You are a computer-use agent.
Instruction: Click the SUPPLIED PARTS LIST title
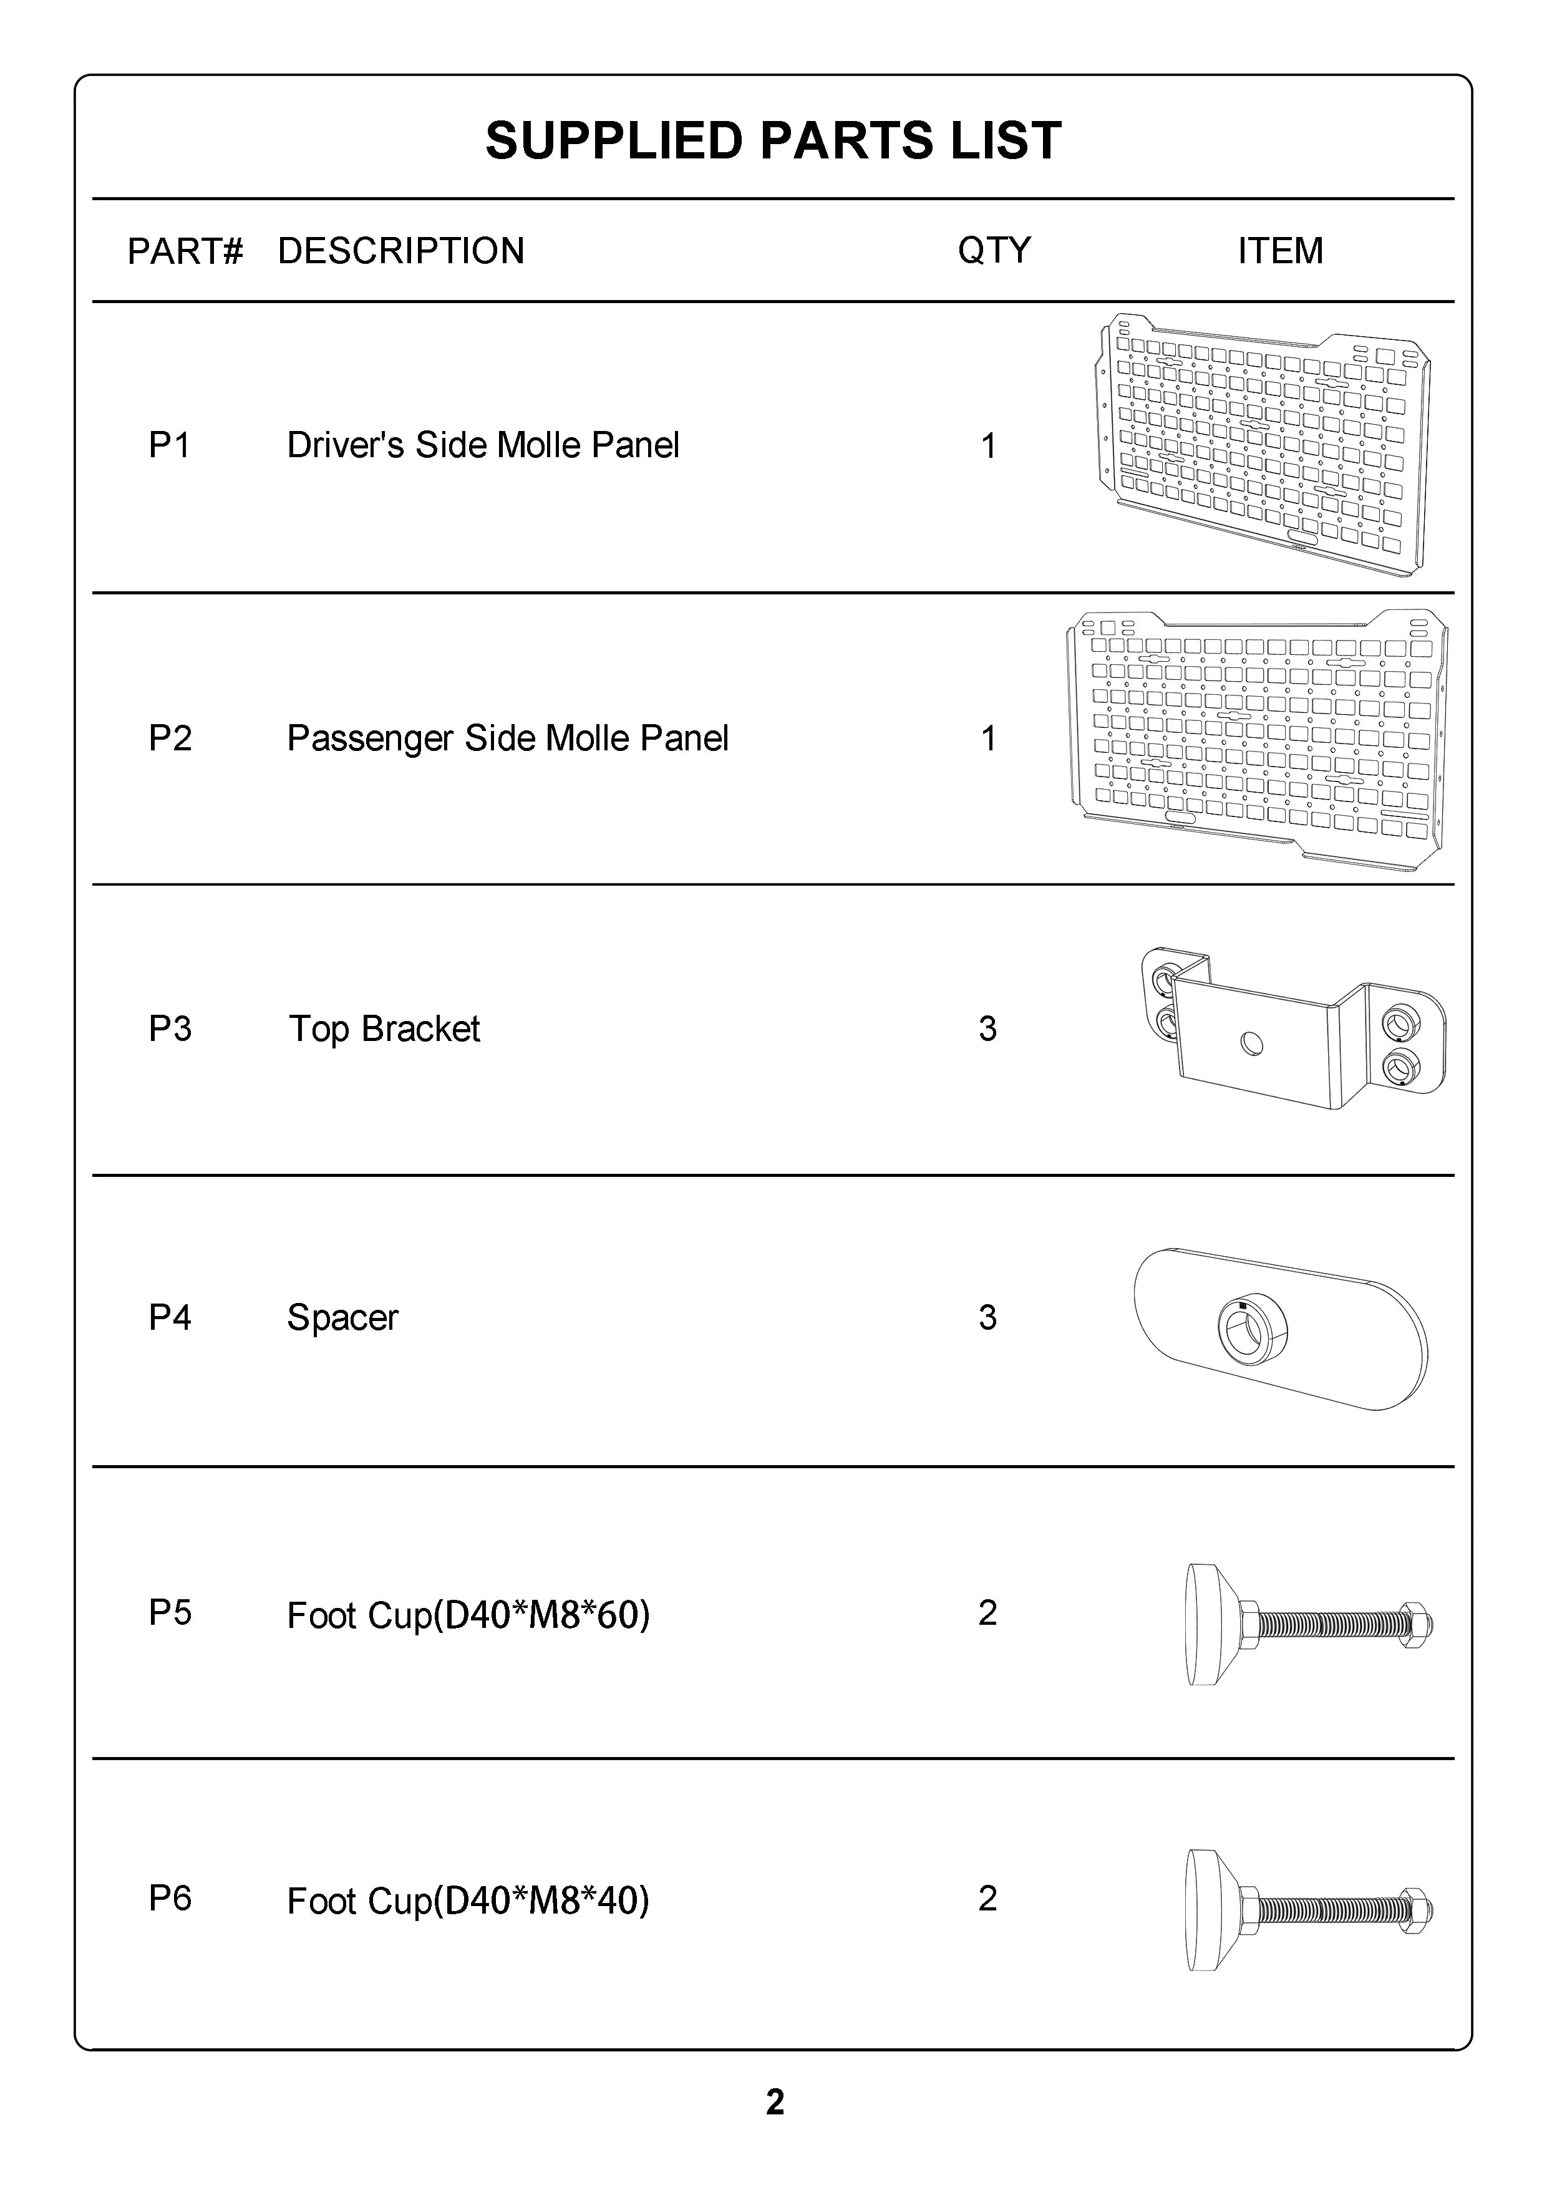[773, 141]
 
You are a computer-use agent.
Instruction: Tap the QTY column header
[994, 251]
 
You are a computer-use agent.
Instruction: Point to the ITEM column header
[1280, 251]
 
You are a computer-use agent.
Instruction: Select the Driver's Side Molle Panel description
[483, 445]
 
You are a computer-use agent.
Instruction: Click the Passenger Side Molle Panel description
[507, 738]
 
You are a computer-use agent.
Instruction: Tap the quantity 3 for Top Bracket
[987, 1029]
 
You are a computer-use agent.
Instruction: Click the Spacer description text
[342, 1318]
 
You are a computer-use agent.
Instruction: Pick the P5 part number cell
[170, 1612]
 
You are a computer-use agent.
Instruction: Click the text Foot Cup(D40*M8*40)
[468, 1901]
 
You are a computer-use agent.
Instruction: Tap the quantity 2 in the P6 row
[987, 1899]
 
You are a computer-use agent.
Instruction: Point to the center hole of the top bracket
[1253, 1045]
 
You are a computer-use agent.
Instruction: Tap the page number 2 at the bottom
[775, 2102]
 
